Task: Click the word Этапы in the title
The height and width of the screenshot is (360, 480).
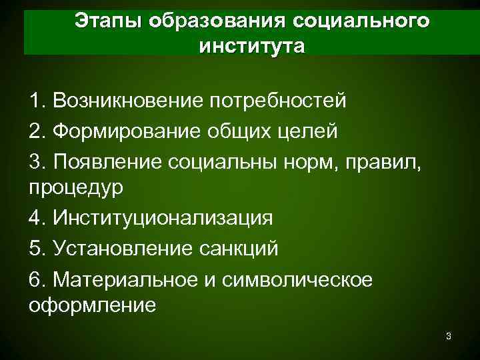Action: [107, 21]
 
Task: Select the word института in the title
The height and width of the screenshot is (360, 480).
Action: [251, 47]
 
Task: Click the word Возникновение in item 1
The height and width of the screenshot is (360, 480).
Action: [130, 101]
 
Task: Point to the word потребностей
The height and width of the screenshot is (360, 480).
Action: [278, 101]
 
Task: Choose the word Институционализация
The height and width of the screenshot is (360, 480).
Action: [164, 218]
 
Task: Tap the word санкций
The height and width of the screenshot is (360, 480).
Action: [241, 247]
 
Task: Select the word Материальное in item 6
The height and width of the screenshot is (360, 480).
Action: [124, 277]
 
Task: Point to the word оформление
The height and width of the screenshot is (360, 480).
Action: [93, 305]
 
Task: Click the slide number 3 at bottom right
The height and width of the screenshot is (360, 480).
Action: [449, 336]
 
